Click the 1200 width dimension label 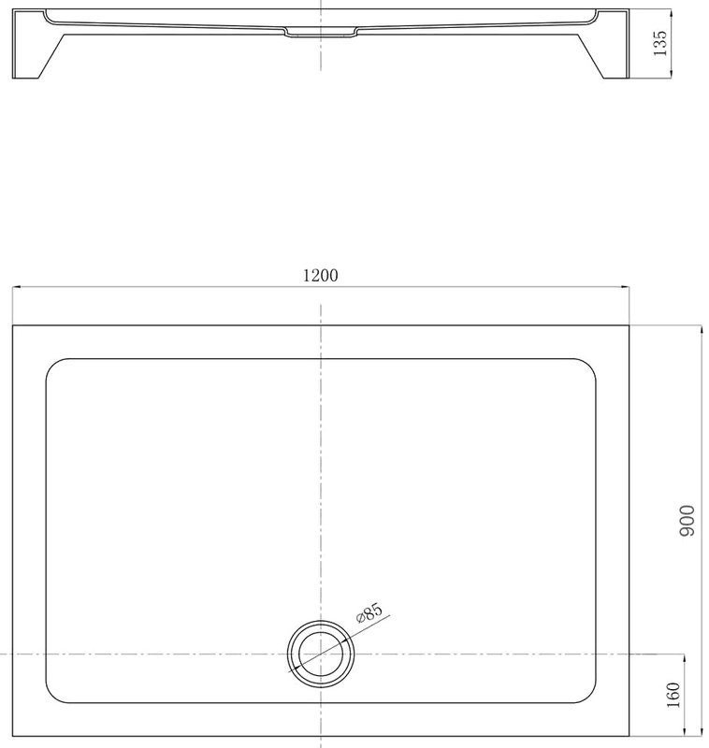pos(321,275)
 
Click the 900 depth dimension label pos(687,521)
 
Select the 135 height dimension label pos(659,43)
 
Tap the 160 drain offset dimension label pos(673,695)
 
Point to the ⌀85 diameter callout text pos(369,612)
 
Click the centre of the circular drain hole pos(321,654)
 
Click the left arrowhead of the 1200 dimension pos(16,287)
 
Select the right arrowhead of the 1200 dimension pos(625,287)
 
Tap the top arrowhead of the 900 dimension pos(701,330)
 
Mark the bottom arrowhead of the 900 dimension pos(701,731)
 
